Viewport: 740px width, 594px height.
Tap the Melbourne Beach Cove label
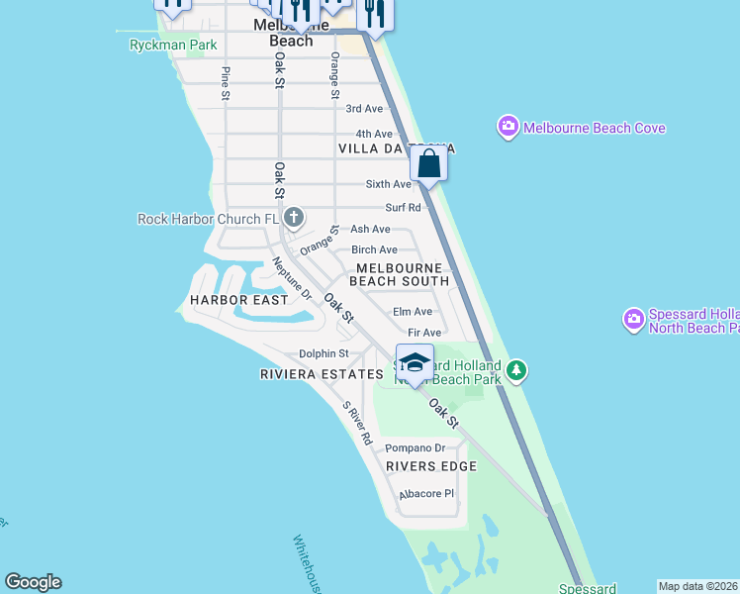(594, 128)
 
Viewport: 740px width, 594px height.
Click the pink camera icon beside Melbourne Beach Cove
(509, 127)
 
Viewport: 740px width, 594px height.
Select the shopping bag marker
(429, 163)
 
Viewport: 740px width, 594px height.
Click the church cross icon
(294, 217)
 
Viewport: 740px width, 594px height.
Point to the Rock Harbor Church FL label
(209, 219)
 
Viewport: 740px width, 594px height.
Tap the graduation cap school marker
(416, 362)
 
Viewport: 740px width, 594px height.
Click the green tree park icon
(515, 370)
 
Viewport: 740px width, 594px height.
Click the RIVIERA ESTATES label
(321, 374)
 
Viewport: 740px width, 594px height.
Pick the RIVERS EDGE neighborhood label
(431, 466)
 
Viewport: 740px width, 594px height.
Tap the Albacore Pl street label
(425, 493)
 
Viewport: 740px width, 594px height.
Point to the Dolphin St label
(324, 353)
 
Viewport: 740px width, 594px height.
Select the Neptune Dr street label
(292, 279)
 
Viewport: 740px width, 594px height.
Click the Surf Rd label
(403, 208)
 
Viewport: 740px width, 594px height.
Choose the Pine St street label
(226, 83)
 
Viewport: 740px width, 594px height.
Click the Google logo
(33, 582)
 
